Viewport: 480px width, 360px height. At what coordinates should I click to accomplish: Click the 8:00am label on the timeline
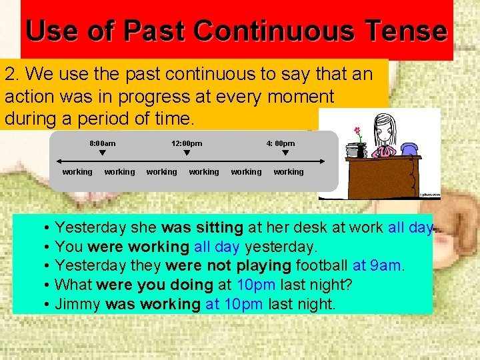click(x=103, y=143)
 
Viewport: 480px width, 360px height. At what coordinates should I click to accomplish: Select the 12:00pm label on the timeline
click(x=187, y=143)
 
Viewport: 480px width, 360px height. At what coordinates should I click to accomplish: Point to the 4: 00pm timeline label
click(x=281, y=143)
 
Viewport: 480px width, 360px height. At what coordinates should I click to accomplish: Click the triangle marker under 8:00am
click(x=102, y=153)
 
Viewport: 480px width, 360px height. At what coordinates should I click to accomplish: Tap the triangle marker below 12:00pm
click(x=187, y=153)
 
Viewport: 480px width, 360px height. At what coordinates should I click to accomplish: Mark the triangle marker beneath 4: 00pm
click(x=285, y=153)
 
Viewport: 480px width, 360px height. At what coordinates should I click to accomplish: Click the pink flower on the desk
click(x=358, y=131)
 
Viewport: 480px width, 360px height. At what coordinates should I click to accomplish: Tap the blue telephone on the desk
click(x=409, y=149)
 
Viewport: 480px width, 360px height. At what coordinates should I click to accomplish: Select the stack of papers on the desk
click(x=352, y=150)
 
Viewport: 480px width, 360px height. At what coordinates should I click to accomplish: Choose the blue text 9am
click(x=386, y=266)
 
